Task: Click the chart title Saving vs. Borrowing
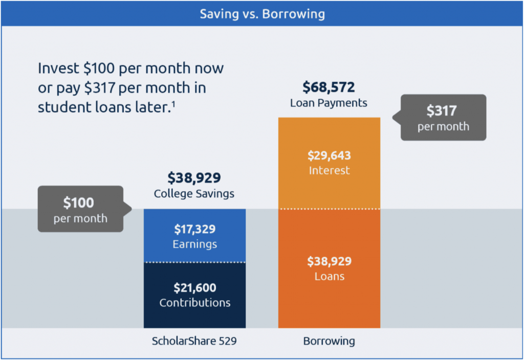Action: click(x=262, y=14)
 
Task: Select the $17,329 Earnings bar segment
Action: click(x=194, y=236)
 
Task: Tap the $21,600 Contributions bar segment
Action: click(x=194, y=295)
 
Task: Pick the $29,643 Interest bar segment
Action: click(x=329, y=163)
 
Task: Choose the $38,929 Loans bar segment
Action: click(x=329, y=268)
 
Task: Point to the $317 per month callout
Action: click(x=440, y=118)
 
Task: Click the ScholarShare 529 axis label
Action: click(x=194, y=341)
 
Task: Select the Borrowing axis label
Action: click(x=329, y=341)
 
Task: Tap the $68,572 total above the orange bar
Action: click(x=329, y=87)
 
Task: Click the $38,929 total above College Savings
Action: click(x=194, y=177)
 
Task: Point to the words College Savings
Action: click(x=194, y=194)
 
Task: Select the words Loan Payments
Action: click(x=329, y=103)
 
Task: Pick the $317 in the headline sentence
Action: click(x=100, y=87)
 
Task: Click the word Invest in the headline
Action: click(x=58, y=68)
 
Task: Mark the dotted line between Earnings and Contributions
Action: click(x=194, y=262)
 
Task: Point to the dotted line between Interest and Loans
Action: click(x=329, y=209)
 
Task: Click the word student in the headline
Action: click(x=64, y=107)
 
